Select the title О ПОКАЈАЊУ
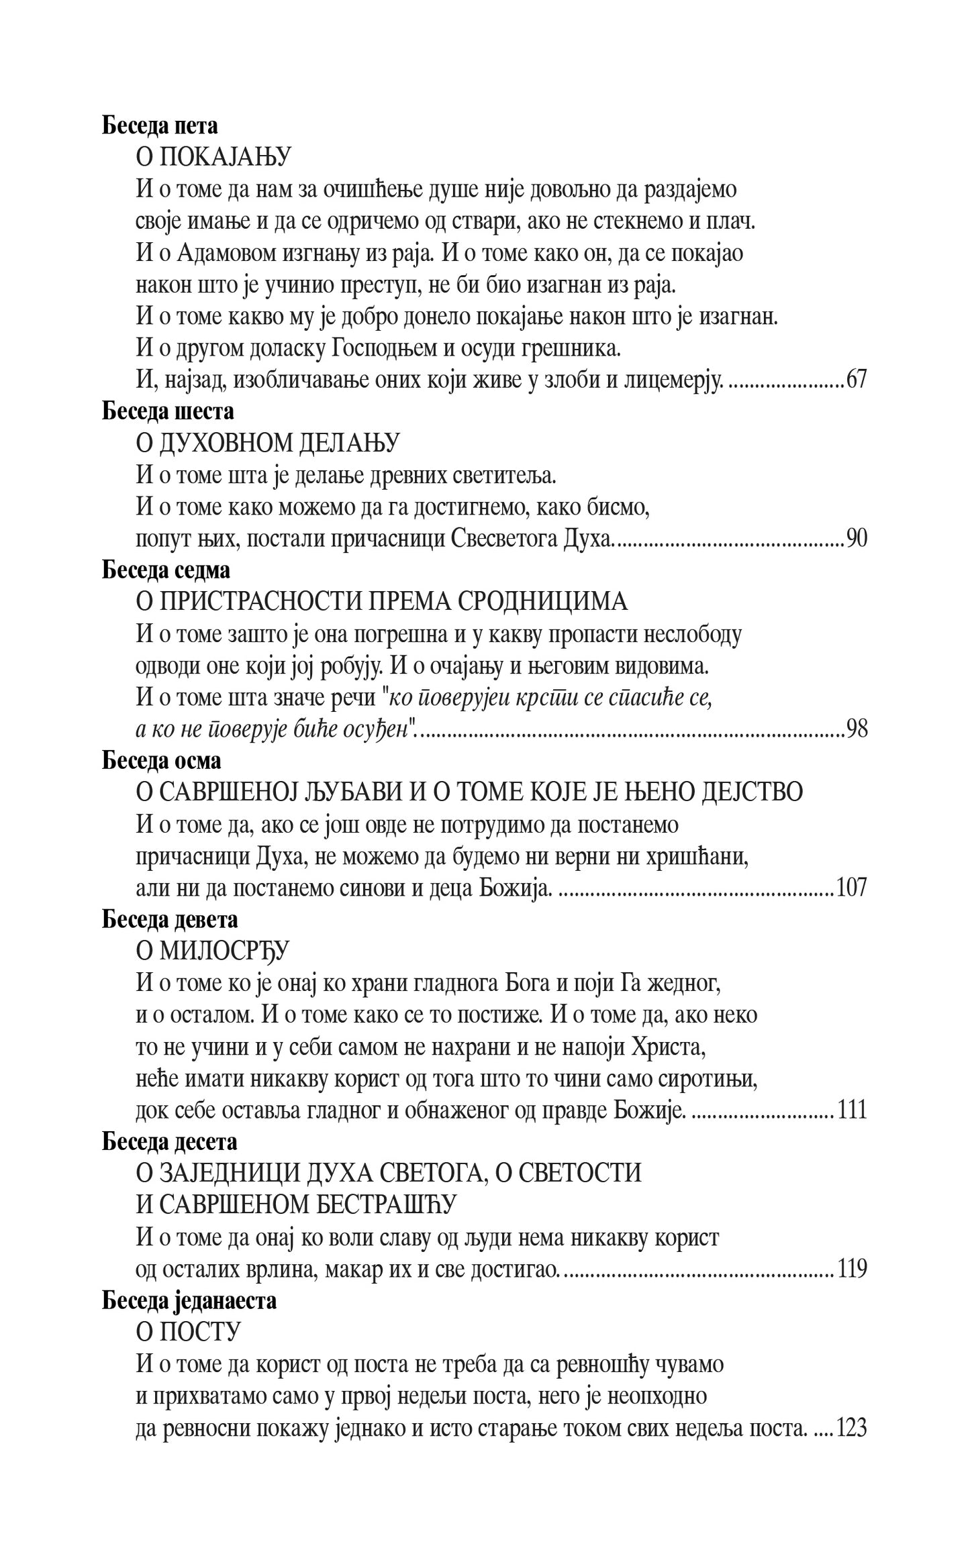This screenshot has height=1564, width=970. click(213, 158)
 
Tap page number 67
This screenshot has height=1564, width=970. click(856, 380)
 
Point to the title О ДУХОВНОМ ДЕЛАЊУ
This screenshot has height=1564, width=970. click(268, 443)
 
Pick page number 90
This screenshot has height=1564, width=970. click(856, 539)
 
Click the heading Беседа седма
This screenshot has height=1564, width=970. click(166, 570)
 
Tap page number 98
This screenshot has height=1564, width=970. click(856, 729)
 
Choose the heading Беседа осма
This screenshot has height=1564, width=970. click(161, 761)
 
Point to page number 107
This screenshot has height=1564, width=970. click(851, 888)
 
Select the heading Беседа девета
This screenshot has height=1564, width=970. click(170, 919)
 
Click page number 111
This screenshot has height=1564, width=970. click(851, 1110)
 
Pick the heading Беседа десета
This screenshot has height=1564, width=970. click(170, 1141)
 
